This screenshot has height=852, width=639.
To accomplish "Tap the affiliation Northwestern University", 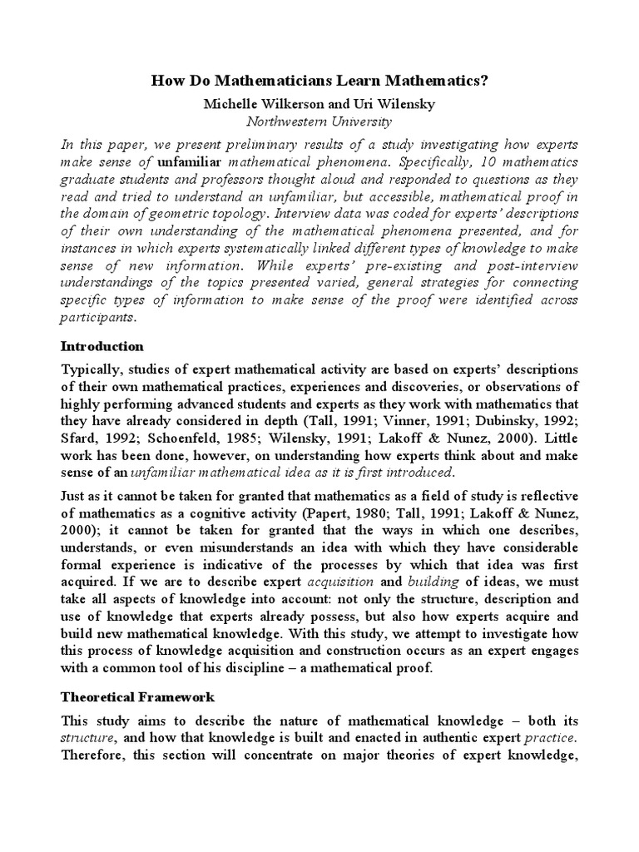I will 319,121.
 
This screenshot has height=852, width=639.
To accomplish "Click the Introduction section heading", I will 102,346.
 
